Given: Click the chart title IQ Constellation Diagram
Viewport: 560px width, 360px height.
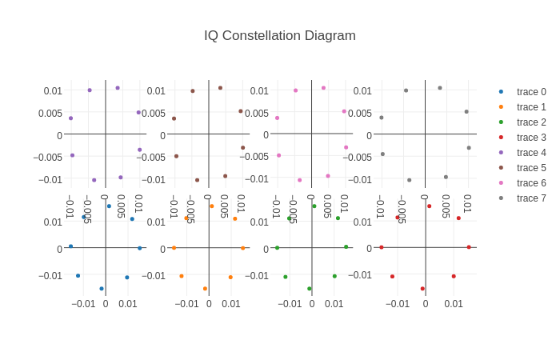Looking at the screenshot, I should click(279, 35).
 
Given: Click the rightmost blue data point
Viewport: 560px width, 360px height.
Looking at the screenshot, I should click(139, 248).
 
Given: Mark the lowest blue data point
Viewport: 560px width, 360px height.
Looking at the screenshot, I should click(102, 289).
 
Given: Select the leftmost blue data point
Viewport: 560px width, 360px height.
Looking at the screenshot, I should click(70, 246).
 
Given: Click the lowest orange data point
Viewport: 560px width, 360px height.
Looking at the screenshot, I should click(205, 289).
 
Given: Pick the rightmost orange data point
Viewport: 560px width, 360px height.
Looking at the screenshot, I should click(243, 248).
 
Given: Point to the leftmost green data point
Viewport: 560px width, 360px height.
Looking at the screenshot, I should click(278, 248).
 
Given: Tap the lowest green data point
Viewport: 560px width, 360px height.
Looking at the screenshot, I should click(310, 289).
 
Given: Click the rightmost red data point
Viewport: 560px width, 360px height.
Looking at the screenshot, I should click(469, 247).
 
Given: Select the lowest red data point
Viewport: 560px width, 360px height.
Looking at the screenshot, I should click(422, 289).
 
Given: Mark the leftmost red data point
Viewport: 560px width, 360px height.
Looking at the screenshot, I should click(382, 247).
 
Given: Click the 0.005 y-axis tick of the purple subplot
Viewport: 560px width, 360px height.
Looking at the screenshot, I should click(50, 114).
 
